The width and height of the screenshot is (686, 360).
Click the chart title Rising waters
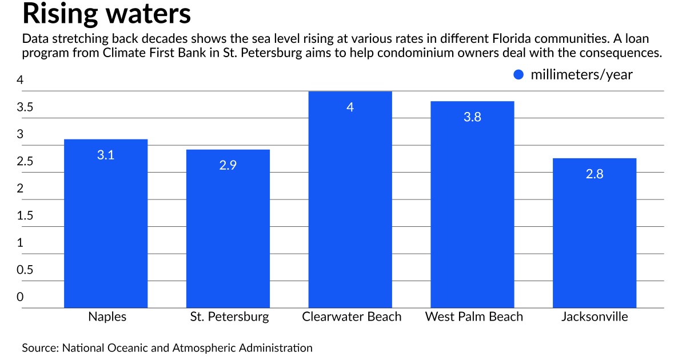(106, 14)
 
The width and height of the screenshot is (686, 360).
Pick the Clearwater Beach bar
(350, 200)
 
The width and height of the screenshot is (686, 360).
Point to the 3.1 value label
(106, 155)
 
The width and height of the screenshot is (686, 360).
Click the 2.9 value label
(228, 165)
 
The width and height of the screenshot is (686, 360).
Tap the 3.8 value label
(473, 117)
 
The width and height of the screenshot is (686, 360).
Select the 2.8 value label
(595, 174)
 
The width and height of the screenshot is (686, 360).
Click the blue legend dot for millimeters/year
(519, 75)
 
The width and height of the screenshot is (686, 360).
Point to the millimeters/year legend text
(582, 75)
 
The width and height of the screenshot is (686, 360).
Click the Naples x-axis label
(107, 317)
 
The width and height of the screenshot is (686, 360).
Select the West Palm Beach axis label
(474, 317)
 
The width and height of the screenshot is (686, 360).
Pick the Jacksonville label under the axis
(595, 317)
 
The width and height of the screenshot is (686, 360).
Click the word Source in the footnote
(40, 347)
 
